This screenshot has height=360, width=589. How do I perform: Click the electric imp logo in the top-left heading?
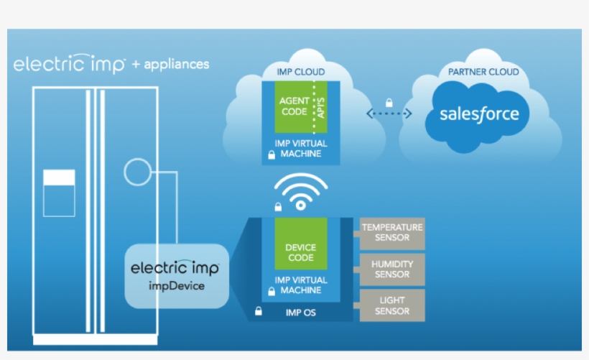(x=70, y=64)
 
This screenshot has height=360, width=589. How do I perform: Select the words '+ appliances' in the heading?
(x=170, y=64)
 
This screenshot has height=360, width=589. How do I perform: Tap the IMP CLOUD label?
(x=300, y=72)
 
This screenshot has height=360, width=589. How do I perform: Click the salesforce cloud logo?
(x=478, y=114)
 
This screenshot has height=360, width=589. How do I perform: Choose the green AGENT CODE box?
(x=294, y=107)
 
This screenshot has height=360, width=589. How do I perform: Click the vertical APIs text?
(x=321, y=107)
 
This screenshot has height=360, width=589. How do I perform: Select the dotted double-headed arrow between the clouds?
(x=389, y=114)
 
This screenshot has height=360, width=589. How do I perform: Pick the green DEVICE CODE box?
(x=300, y=244)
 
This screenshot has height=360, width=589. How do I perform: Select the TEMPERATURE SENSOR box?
(x=392, y=233)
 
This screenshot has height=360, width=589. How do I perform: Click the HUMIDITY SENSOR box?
(x=392, y=269)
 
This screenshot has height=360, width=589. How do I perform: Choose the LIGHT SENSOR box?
(x=392, y=305)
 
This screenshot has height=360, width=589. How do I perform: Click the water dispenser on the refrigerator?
(x=59, y=193)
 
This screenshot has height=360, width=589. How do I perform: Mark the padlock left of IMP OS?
(x=258, y=313)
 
